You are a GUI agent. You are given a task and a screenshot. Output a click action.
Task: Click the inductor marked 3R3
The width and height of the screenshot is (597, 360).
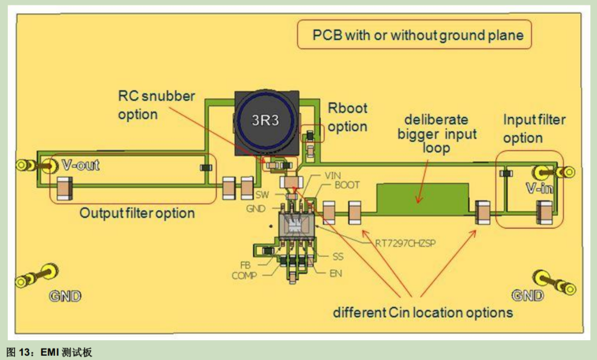[266, 123]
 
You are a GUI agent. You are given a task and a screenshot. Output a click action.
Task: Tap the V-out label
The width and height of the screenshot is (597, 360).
[81, 165]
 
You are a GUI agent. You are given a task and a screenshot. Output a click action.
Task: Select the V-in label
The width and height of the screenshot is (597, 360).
[539, 188]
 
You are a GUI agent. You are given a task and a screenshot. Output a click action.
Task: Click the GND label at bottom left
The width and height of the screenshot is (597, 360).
[65, 296]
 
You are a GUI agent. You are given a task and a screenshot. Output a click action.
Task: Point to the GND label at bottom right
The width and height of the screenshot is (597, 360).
[527, 295]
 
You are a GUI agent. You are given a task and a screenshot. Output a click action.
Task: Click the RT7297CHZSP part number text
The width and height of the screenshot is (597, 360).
[405, 243]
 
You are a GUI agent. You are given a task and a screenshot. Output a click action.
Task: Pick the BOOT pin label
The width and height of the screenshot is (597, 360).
[347, 185]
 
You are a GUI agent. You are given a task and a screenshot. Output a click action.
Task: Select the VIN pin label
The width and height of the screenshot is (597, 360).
[332, 175]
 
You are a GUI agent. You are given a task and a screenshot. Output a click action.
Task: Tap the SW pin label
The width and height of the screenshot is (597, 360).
[262, 195]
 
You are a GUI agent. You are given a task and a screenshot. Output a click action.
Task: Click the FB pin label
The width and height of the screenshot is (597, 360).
[245, 265]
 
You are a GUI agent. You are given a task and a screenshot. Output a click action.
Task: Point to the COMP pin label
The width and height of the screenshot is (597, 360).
[244, 275]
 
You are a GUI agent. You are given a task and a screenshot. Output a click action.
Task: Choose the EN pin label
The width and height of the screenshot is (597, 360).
[335, 273]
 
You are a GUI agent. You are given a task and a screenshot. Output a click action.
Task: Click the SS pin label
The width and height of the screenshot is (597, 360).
[338, 256]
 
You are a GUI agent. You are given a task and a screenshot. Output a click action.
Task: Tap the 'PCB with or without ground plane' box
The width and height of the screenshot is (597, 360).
[414, 34]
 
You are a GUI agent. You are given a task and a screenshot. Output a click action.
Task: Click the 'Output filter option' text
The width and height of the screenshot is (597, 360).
[137, 213]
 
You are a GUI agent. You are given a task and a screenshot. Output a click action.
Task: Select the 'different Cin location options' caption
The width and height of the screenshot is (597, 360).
[423, 312]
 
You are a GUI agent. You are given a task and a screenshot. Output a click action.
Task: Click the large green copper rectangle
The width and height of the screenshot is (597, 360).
[422, 198]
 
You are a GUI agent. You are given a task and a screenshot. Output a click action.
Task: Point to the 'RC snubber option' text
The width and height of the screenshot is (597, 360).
[156, 105]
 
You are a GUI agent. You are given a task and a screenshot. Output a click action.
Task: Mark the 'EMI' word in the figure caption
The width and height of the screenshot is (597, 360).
[49, 352]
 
